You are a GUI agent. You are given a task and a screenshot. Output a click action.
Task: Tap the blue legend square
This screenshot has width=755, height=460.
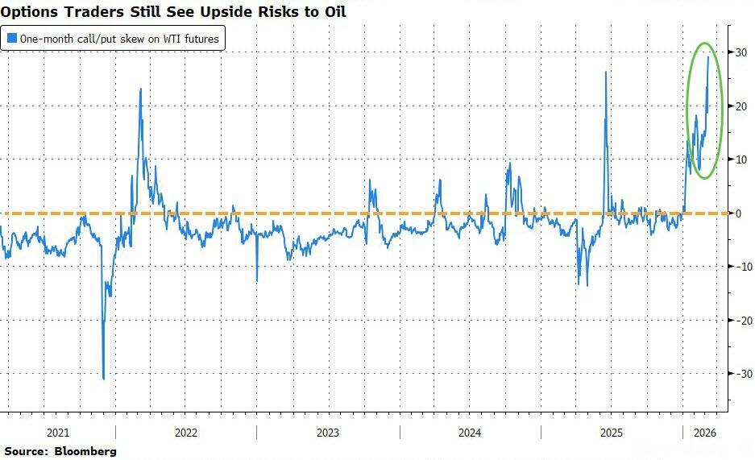click(11, 38)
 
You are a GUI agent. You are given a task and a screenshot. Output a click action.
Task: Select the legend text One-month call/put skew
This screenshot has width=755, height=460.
click(81, 38)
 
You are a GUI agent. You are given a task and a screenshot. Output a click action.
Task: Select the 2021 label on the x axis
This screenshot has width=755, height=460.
click(57, 433)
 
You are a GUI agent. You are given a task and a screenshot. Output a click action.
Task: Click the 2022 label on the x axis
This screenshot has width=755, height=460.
click(186, 433)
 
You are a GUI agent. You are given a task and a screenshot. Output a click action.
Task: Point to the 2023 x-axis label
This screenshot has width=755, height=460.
click(327, 433)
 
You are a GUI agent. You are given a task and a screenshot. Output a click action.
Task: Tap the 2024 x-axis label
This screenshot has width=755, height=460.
click(469, 433)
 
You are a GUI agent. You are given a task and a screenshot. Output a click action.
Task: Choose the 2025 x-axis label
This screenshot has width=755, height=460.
click(612, 433)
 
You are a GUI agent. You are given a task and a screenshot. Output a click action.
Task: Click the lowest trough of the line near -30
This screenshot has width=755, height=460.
click(104, 379)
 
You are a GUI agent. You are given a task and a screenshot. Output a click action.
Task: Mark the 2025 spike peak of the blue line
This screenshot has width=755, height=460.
click(605, 72)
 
